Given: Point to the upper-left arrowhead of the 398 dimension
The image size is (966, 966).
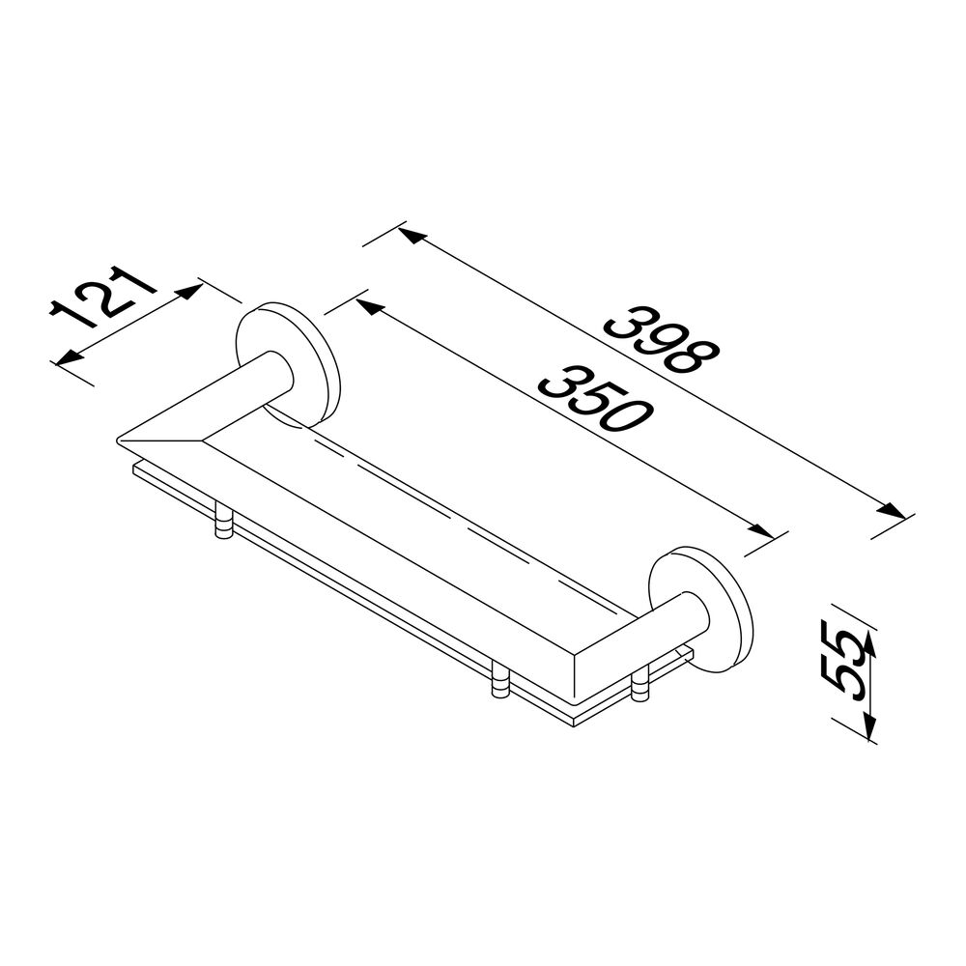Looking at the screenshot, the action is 413,236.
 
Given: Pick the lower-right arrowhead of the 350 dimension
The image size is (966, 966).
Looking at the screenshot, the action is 759,528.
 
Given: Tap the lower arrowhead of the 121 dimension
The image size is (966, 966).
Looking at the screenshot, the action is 69,357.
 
